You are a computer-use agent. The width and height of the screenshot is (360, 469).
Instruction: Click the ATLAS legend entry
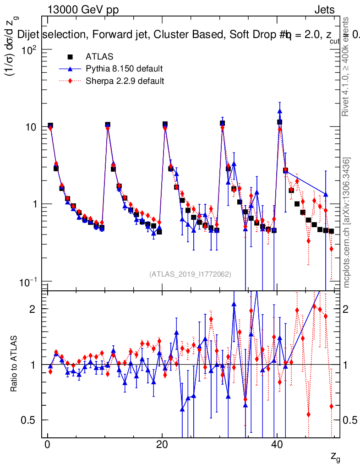96,57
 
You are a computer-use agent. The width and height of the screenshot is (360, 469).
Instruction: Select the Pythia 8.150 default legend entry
124,69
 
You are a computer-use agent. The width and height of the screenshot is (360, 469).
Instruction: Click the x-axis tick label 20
162,445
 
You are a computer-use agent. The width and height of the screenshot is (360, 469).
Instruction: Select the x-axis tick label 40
276,445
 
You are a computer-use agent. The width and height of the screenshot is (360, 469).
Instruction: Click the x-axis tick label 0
47,445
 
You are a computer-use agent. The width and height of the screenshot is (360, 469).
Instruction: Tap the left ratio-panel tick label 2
33,309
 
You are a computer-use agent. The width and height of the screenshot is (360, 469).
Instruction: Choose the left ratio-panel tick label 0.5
29,420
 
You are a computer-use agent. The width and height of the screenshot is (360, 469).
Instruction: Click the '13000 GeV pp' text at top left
82,10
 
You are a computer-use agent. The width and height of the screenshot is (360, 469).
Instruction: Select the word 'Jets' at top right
324,10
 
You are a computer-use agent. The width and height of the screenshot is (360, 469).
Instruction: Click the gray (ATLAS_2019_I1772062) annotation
190,274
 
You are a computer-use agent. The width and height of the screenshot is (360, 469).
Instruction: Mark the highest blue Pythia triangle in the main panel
279,111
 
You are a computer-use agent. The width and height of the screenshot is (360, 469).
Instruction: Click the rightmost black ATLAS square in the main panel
331,231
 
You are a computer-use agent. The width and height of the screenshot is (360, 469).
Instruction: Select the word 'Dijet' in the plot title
28,34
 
